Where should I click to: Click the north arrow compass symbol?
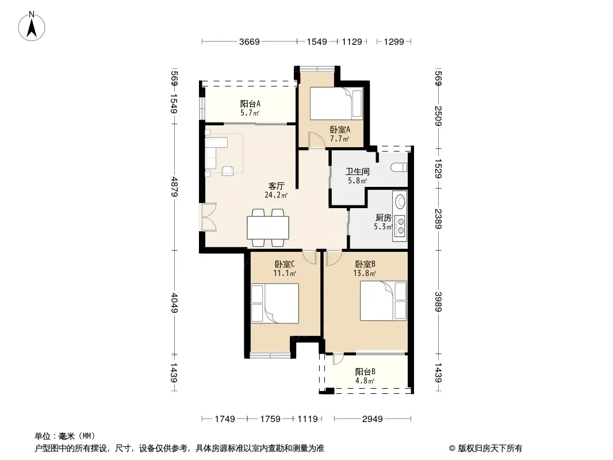pos(32,26)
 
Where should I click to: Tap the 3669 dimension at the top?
pos(250,41)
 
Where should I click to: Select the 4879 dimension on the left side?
pos(174,187)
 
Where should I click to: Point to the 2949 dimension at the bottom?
pos(372,419)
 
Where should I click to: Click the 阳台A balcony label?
pos(250,104)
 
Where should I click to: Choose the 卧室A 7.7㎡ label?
pos(340,133)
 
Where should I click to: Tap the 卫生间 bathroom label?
pos(357,171)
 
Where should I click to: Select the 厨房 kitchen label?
pos(383,218)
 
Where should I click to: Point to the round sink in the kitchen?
pos(400,202)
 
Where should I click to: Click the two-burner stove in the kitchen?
pos(400,227)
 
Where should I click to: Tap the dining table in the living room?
pos(268,228)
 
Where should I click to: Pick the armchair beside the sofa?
pos(228,170)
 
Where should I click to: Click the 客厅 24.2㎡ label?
pos(276,190)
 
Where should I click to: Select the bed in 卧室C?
pos(274,304)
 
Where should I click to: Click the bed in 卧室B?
pos(384,301)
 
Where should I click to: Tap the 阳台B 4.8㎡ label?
pos(365,376)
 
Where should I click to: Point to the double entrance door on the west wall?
pos(209,217)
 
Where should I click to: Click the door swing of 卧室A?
pos(317,140)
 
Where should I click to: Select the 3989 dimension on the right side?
pos(438,302)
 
